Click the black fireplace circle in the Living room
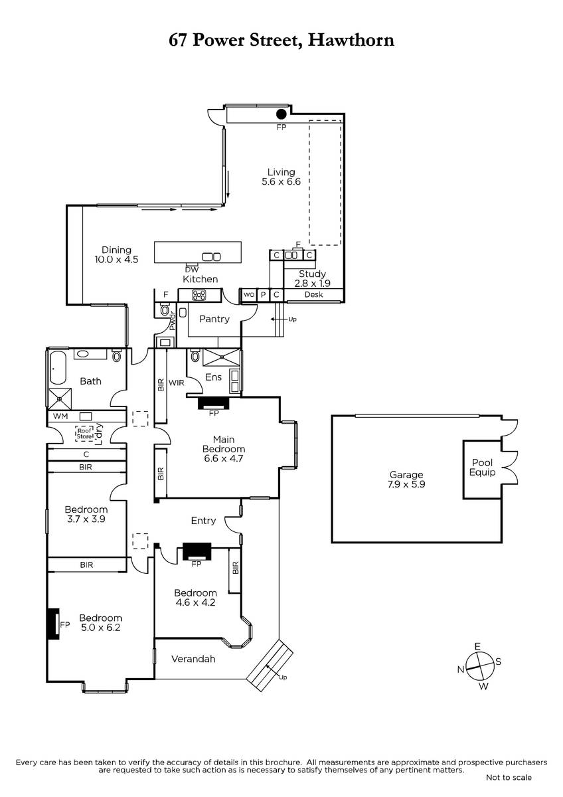pyautogui.click(x=281, y=114)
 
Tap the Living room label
pyautogui.click(x=281, y=177)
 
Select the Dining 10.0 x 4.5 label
pyautogui.click(x=116, y=254)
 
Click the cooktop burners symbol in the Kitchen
pyautogui.click(x=199, y=295)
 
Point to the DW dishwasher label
pyautogui.click(x=192, y=270)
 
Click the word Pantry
pyautogui.click(x=214, y=319)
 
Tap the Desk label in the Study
pyautogui.click(x=313, y=295)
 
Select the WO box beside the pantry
pyautogui.click(x=249, y=295)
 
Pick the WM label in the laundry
pyautogui.click(x=60, y=416)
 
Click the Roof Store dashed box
pyautogui.click(x=84, y=434)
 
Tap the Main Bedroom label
pyautogui.click(x=224, y=449)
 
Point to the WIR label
pyautogui.click(x=177, y=383)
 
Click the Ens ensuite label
pyautogui.click(x=213, y=377)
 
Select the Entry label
pyautogui.click(x=203, y=521)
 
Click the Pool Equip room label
pyautogui.click(x=482, y=467)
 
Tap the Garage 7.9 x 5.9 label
pyautogui.click(x=406, y=480)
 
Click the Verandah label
pyautogui.click(x=193, y=659)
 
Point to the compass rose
pyautogui.click(x=479, y=663)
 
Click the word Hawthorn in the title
pyautogui.click(x=351, y=40)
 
